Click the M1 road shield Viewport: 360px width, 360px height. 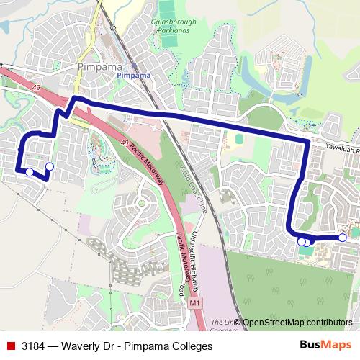point(195,305)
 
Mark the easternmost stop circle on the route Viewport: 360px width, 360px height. point(343,238)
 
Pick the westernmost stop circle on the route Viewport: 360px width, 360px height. point(29,172)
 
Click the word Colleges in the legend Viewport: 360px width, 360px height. point(190,346)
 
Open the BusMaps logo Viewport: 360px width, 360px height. point(325,346)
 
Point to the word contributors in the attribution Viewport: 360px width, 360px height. point(330,323)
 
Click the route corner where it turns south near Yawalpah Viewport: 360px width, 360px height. point(308,140)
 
